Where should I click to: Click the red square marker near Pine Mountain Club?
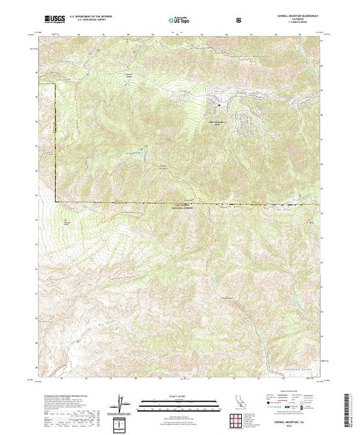(x=220, y=105)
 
